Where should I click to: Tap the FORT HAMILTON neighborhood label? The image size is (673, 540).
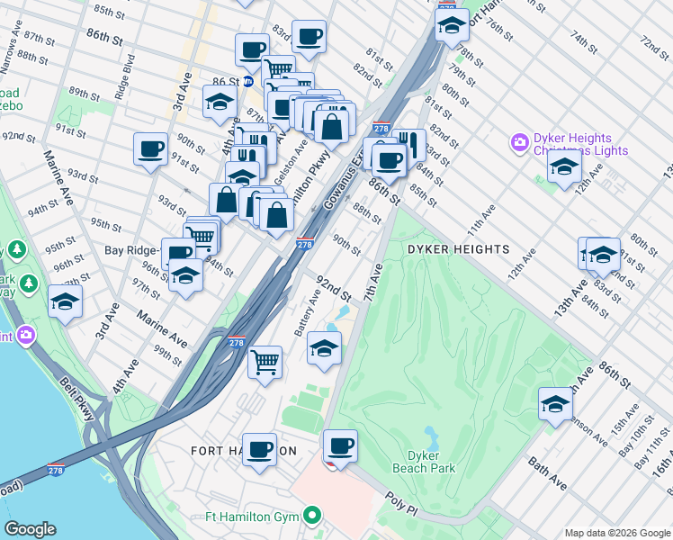click(x=243, y=450)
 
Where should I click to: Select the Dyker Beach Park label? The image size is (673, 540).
click(x=424, y=462)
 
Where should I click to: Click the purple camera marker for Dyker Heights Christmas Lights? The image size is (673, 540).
click(x=518, y=142)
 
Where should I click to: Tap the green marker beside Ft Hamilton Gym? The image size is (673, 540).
click(x=312, y=516)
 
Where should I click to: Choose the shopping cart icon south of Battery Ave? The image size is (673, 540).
click(x=265, y=362)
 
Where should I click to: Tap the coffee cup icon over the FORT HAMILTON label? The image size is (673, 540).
click(x=260, y=448)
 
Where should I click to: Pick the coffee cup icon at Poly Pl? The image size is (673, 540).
click(x=340, y=445)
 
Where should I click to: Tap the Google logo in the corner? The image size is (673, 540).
click(x=30, y=529)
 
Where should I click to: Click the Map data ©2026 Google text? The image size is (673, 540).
click(x=617, y=533)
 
